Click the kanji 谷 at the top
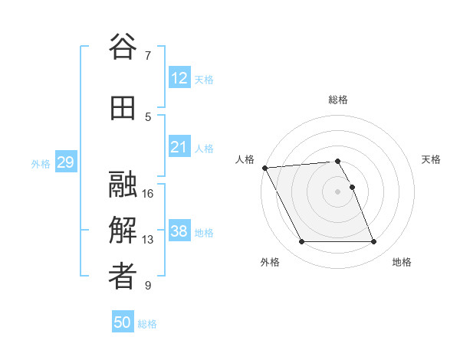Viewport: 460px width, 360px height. coord(123,47)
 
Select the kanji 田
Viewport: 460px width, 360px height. coord(123,108)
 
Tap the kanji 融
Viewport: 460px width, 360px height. coord(123,185)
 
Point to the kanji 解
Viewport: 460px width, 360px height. coord(123,231)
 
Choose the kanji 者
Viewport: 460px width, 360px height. coord(123,277)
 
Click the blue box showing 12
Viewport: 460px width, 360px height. coord(179,78)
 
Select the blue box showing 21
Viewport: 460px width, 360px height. coord(179,147)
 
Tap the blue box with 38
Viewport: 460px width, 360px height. coord(179,231)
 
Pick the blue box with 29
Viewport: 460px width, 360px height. coord(65,162)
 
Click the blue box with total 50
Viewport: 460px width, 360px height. coord(123,322)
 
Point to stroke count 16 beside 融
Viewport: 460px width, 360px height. coord(149,194)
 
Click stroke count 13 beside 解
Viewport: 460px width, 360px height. coord(149,240)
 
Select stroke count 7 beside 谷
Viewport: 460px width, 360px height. coord(148,56)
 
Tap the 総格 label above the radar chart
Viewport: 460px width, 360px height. coord(338,100)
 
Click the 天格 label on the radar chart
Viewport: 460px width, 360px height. coord(431,159)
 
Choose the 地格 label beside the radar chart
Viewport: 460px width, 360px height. coord(402,262)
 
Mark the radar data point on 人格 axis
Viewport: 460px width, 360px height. coord(264,168)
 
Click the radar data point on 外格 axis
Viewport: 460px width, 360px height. coord(301,242)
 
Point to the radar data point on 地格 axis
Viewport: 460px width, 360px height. coord(374,242)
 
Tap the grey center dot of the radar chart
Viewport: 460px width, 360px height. coord(338,191)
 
